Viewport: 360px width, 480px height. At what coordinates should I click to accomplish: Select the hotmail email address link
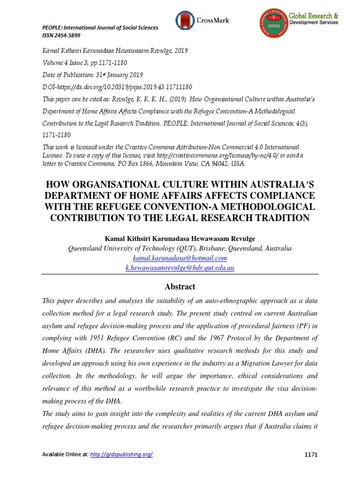click(180, 258)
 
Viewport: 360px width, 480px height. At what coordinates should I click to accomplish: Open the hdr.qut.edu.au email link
click(180, 268)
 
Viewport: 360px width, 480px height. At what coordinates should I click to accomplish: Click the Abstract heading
click(180, 286)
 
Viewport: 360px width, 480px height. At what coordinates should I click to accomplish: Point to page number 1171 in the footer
click(310, 454)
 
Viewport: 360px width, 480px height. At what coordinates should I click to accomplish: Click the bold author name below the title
click(180, 239)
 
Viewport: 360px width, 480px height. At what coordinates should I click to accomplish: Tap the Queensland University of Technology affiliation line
click(180, 248)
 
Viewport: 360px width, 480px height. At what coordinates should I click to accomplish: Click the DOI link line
click(111, 87)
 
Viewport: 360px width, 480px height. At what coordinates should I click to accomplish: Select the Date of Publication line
click(93, 75)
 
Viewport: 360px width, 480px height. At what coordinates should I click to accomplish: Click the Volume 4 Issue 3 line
click(85, 63)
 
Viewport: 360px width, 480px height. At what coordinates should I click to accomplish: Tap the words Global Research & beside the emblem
click(314, 16)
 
